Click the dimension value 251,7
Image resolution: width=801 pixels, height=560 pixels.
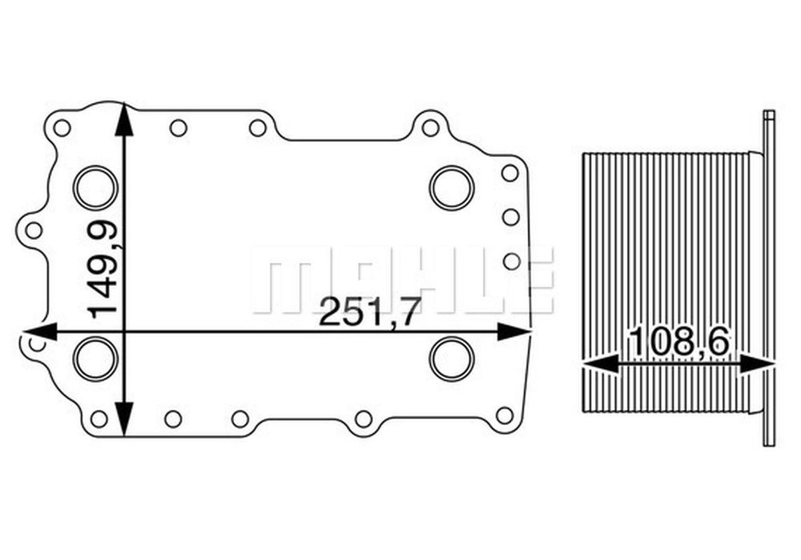367,312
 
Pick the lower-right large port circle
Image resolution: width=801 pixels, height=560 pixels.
452,358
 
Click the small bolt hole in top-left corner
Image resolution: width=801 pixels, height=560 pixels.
61,128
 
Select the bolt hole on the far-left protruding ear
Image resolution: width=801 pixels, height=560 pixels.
34,230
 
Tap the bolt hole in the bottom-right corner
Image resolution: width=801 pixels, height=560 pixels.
504,415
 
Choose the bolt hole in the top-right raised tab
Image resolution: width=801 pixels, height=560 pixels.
430,128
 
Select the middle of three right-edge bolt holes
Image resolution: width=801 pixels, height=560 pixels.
511,217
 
